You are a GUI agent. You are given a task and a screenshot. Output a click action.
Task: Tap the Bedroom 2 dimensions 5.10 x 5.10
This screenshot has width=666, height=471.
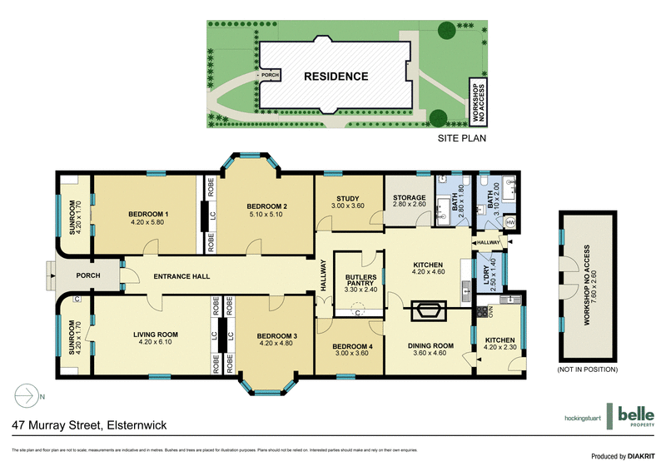click(x=267, y=216)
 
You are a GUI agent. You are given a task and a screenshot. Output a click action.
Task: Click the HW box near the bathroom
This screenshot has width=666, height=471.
click(x=509, y=223)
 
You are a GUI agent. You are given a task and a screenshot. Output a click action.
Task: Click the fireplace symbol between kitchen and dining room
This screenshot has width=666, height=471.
click(x=430, y=311)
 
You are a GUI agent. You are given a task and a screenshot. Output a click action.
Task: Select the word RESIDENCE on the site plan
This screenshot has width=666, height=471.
click(x=335, y=77)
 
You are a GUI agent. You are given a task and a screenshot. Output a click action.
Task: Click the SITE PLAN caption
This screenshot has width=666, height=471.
click(x=461, y=140)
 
